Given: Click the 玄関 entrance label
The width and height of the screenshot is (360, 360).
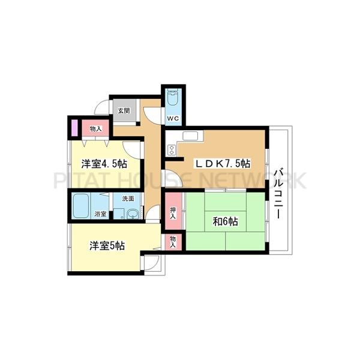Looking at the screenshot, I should coord(124,110).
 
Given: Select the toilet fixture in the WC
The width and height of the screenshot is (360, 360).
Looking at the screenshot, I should coord(174,97).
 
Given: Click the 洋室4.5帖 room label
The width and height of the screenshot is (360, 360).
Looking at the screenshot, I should coord(104,163).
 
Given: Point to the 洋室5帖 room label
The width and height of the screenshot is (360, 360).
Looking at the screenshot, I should coord(107,245).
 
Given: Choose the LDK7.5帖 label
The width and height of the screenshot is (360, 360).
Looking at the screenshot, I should coord(221,163).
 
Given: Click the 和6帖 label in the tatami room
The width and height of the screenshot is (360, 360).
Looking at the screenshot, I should coord(225,221).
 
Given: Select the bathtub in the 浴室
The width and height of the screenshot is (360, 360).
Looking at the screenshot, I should coord(81,206).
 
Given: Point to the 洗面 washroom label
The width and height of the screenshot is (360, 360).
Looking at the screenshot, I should coord(128,199).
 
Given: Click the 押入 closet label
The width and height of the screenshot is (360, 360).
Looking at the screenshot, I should coord(172,212).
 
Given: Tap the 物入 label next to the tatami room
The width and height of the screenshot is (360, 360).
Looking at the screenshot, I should coord(172,241).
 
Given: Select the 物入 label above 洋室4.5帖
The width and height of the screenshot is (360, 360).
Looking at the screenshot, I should coord(95,129).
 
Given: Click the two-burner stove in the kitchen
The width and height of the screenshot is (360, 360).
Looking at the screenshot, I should coord(172,148).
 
